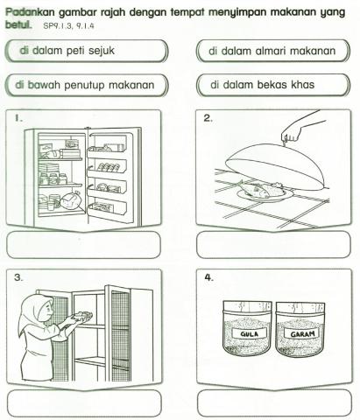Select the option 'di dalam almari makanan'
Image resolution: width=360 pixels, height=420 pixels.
pyautogui.click(x=272, y=51)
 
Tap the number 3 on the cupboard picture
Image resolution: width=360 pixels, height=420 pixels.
pyautogui.click(x=18, y=276)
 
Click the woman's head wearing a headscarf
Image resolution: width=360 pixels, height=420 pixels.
pyautogui.click(x=37, y=304)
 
